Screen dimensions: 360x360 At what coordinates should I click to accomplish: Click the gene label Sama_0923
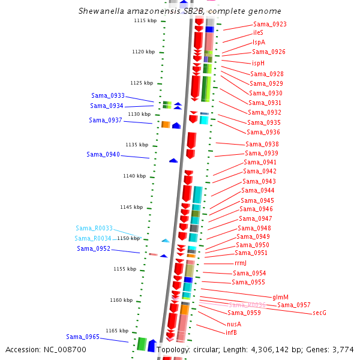pyautogui.click(x=270, y=25)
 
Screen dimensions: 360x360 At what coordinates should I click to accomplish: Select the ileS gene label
pyautogui.click(x=258, y=33)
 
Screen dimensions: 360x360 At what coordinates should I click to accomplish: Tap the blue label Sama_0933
pyautogui.click(x=108, y=96)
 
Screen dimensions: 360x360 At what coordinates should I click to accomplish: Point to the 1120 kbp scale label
pyautogui.click(x=143, y=52)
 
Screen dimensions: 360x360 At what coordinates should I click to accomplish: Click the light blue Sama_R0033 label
pyautogui.click(x=94, y=228)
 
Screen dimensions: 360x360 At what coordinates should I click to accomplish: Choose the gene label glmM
pyautogui.click(x=280, y=297)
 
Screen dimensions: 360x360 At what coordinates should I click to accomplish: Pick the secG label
pyautogui.click(x=319, y=313)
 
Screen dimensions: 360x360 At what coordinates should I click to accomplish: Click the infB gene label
pyautogui.click(x=231, y=332)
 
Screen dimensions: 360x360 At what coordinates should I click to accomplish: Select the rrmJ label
pyautogui.click(x=241, y=263)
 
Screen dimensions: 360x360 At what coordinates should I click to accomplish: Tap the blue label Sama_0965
pyautogui.click(x=83, y=337)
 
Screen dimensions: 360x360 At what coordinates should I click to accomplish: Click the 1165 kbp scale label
pyautogui.click(x=117, y=331)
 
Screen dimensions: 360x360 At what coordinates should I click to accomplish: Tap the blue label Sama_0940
pyautogui.click(x=103, y=155)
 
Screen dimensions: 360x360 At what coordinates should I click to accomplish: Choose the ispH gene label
pyautogui.click(x=258, y=63)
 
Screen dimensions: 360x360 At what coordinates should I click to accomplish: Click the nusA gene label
pyautogui.click(x=234, y=324)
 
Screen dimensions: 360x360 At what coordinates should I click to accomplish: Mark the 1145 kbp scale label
pyautogui.click(x=131, y=208)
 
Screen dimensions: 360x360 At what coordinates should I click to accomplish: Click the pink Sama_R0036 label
pyautogui.click(x=247, y=305)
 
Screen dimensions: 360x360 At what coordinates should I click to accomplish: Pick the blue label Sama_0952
pyautogui.click(x=94, y=249)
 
